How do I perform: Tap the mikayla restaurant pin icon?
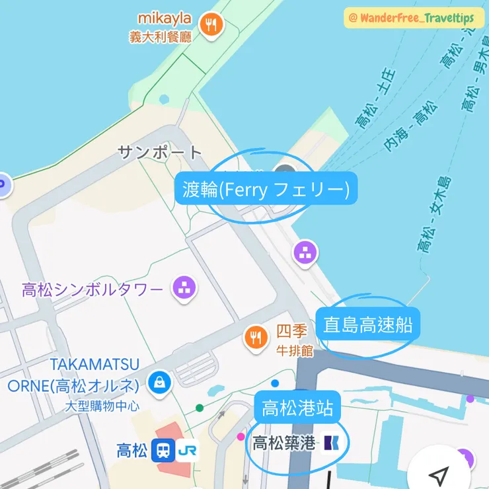click(x=211, y=25)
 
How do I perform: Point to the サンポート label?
click(x=160, y=152)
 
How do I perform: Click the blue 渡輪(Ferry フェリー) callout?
click(x=266, y=190)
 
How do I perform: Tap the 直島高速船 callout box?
click(x=368, y=324)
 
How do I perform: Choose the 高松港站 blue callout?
click(x=297, y=408)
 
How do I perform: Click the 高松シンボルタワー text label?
click(x=92, y=289)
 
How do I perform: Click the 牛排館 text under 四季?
click(x=294, y=351)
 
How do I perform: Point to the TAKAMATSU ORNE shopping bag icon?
click(x=160, y=383)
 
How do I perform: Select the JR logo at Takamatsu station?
click(x=188, y=451)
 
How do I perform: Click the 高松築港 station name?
click(x=283, y=443)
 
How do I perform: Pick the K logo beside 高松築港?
click(x=330, y=442)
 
